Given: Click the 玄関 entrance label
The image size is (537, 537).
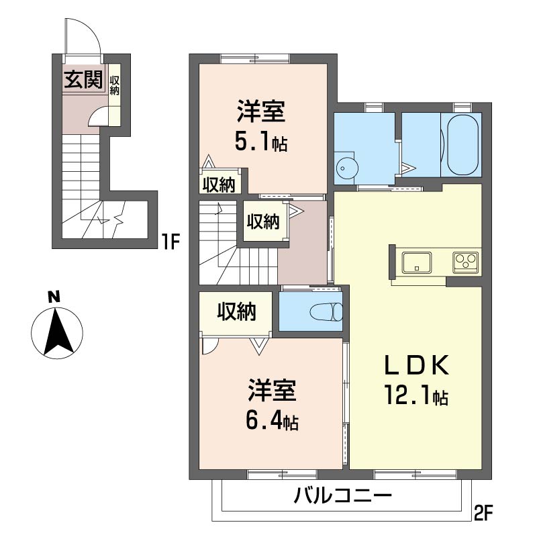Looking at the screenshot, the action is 84,79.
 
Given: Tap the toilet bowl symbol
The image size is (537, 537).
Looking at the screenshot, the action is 326,311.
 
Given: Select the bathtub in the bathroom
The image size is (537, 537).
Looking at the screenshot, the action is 460,144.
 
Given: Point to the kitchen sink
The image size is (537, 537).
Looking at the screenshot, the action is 416,262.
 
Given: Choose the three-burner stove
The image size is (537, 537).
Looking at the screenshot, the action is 465,262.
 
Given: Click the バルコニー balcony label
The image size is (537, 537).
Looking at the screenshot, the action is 342,495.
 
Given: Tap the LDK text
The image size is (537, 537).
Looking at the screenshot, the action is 416,365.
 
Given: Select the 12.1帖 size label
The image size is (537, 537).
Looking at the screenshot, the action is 416,395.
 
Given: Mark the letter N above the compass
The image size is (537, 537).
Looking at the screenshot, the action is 54,297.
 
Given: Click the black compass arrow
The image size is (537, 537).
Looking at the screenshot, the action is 58,331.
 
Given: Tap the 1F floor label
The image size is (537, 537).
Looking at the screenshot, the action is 170,242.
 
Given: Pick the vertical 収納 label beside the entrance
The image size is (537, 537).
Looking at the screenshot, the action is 114,85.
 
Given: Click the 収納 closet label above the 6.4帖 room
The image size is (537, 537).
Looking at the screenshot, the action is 237,311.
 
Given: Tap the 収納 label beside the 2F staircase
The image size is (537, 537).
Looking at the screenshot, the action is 263,222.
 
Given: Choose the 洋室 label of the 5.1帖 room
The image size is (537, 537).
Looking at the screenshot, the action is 261,111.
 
